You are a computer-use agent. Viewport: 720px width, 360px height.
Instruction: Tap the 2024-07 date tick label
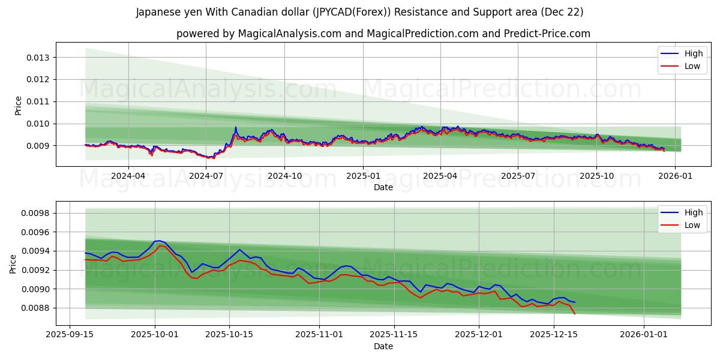[x=206, y=176]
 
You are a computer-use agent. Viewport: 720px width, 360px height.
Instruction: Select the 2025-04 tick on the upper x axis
[x=440, y=176]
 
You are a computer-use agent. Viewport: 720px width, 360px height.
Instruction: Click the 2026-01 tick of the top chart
[x=675, y=176]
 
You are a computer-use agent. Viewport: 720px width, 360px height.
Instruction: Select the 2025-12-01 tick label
[x=479, y=335]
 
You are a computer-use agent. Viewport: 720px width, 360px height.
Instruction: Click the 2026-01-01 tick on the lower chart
[x=644, y=335]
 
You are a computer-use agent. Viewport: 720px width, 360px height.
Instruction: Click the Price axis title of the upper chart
[x=18, y=106]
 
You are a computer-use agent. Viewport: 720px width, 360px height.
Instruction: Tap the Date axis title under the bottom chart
[x=383, y=346]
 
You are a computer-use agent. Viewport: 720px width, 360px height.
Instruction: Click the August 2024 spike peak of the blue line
[x=236, y=127]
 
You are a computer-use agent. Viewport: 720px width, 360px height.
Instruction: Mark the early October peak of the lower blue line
[x=158, y=241]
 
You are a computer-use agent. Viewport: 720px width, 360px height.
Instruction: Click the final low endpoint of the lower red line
[x=575, y=314]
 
